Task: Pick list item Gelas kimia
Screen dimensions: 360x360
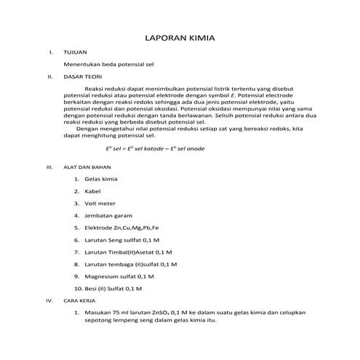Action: (x=103, y=179)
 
